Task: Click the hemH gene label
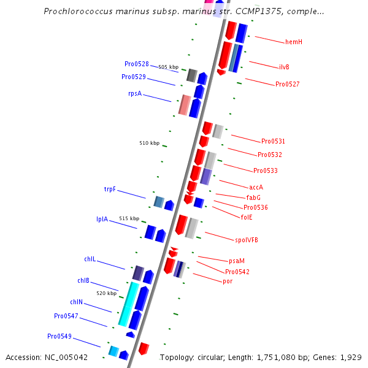point(293,42)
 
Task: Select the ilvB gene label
point(284,67)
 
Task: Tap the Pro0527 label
point(287,84)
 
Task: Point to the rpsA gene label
point(135,94)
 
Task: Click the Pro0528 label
point(136,64)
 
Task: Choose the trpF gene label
point(110,190)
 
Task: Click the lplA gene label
point(102,219)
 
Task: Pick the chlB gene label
point(83,280)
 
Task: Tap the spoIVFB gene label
point(246,240)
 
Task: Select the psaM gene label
point(236,261)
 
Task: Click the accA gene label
point(256,187)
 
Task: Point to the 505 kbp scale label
point(168,67)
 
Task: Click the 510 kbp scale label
point(149,143)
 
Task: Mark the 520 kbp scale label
point(106,293)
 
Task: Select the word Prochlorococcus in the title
point(81,11)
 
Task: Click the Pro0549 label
point(59,336)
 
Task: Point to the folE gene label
point(247,217)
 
